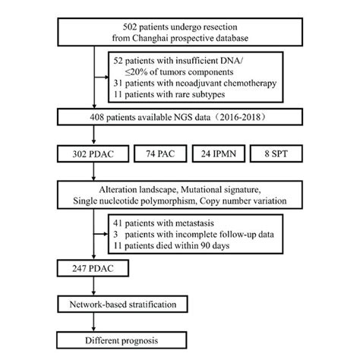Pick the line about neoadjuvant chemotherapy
(194, 82)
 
